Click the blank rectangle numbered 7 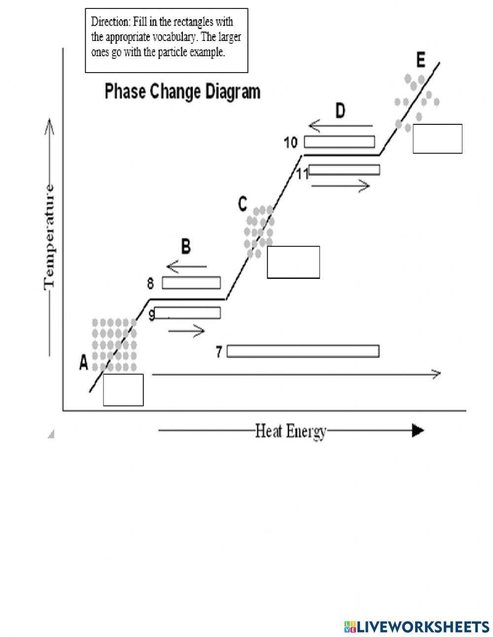click(x=303, y=351)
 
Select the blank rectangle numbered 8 click(x=191, y=283)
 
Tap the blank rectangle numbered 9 click(x=188, y=313)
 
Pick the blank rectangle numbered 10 click(x=339, y=142)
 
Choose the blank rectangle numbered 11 click(x=344, y=170)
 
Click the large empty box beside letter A click(x=123, y=390)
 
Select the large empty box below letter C click(x=293, y=262)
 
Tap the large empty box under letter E click(x=437, y=139)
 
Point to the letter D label click(x=341, y=111)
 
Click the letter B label click(x=185, y=246)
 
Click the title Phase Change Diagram click(x=182, y=92)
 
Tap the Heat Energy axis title click(x=291, y=431)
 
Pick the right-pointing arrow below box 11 click(x=341, y=186)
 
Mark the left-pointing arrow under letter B click(x=187, y=267)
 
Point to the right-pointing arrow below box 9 click(x=186, y=331)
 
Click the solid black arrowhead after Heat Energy click(x=418, y=431)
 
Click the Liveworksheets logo click(x=417, y=626)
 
